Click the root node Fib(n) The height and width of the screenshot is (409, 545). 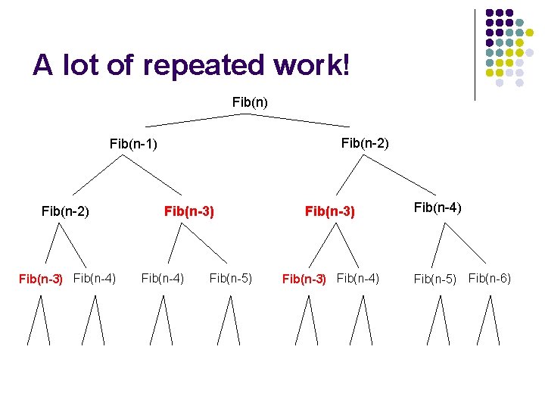pyautogui.click(x=250, y=101)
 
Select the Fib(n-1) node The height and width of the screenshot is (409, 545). pyautogui.click(x=133, y=142)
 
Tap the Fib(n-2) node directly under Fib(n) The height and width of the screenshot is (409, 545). pyautogui.click(x=365, y=142)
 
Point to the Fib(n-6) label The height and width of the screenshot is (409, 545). pyautogui.click(x=490, y=278)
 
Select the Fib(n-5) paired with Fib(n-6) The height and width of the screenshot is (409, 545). pyautogui.click(x=434, y=279)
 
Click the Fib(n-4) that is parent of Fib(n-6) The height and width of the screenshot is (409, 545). pyautogui.click(x=438, y=206)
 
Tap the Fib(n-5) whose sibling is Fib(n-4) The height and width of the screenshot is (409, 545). pyautogui.click(x=231, y=278)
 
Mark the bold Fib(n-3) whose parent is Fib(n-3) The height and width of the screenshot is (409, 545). pyautogui.click(x=304, y=279)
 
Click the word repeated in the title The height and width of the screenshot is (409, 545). pyautogui.click(x=203, y=66)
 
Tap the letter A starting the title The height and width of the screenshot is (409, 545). pyautogui.click(x=42, y=66)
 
